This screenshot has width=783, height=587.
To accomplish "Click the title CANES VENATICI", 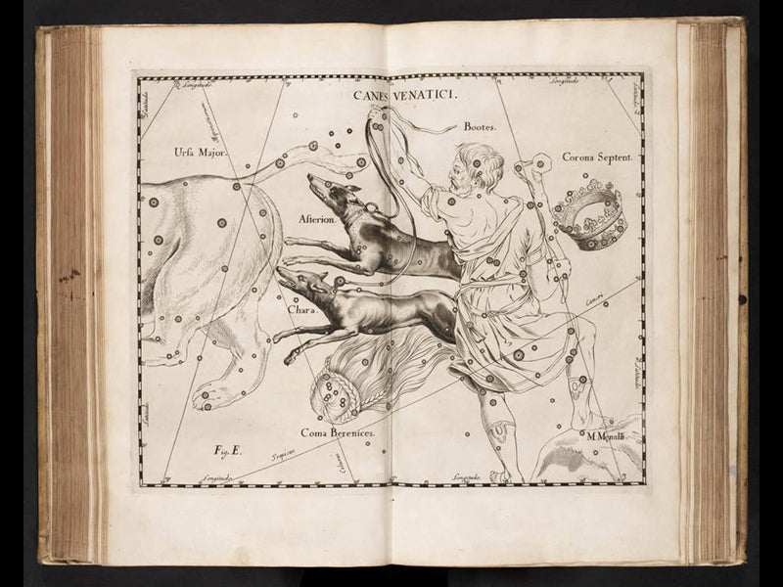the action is coord(395,95).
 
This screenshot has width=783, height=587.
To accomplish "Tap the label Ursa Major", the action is coord(200,152).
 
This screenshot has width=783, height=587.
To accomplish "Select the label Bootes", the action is coord(481,127).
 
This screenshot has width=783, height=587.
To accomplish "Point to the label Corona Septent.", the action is coord(597,157).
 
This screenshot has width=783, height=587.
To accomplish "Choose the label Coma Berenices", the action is coord(338,431).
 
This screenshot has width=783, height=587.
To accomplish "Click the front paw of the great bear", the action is coord(208,395).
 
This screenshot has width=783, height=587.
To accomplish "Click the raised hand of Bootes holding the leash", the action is coord(377,118).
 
